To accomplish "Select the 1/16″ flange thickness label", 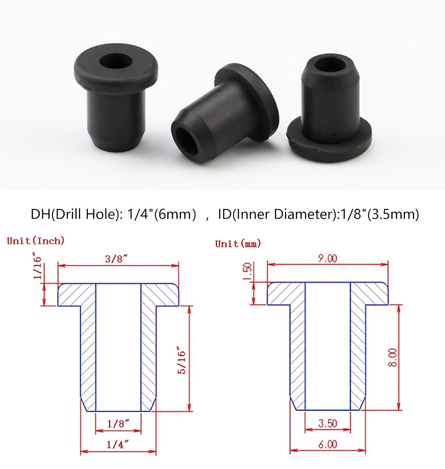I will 38,268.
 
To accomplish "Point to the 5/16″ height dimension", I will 182,360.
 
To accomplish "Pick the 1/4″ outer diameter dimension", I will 118,444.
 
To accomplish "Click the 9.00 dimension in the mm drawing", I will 328,259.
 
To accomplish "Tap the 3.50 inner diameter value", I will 328,423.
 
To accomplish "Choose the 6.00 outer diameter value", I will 328,444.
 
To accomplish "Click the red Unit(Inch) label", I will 36,241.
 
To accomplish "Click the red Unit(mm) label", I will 238,244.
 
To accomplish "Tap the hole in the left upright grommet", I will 115,60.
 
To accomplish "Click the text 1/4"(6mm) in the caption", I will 161,214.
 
